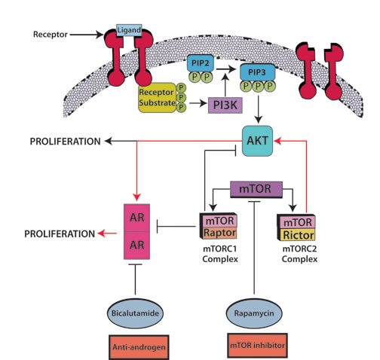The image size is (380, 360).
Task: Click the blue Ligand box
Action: tap(129, 30)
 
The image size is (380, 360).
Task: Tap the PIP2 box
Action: tap(201, 63)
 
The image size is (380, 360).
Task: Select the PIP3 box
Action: tap(257, 72)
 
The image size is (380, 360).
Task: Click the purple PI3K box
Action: tap(225, 105)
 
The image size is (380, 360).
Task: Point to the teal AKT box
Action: tap(257, 141)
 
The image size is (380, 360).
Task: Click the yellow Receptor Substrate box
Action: tap(157, 98)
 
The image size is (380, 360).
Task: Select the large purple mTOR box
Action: tap(256, 189)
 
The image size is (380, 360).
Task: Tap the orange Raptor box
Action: tap(220, 233)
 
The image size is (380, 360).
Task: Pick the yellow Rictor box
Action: tap(298, 235)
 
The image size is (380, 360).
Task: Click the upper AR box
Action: tap(136, 218)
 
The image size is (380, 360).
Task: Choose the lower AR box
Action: tap(136, 246)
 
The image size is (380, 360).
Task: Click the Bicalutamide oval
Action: tap(135, 313)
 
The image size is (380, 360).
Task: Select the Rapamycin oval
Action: tap(254, 313)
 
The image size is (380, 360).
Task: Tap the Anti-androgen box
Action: tap(139, 347)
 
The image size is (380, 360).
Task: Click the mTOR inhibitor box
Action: tap(257, 346)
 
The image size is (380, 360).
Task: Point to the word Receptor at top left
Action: tap(51, 35)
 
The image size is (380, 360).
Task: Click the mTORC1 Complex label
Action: tap(220, 254)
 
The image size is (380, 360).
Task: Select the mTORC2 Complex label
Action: tap(299, 254)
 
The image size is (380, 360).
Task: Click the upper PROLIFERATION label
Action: tap(66, 142)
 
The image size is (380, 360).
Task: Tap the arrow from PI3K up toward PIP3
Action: tap(225, 85)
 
